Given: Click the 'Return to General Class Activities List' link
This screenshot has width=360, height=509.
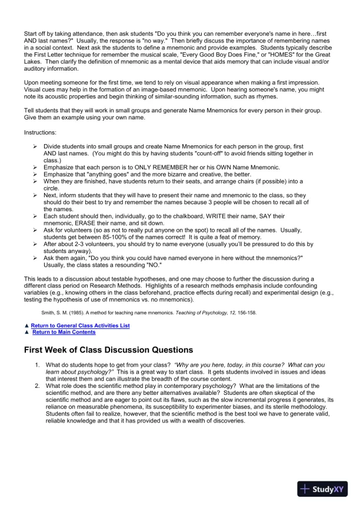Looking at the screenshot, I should [x=80, y=325].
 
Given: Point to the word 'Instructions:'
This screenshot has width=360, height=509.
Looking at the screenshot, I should [x=40, y=134].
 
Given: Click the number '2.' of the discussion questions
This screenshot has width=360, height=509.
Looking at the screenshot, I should [x=37, y=385].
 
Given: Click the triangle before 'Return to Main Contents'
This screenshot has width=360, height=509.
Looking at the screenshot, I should [x=26, y=332].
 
